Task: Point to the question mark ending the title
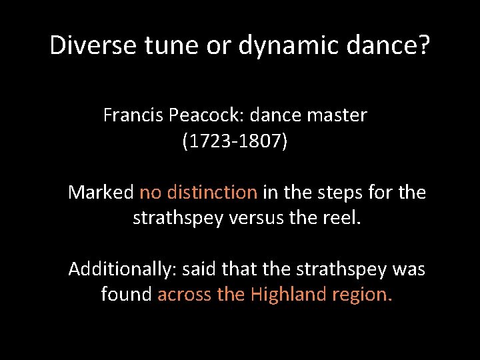(424, 45)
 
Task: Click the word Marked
(101, 193)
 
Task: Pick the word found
(126, 294)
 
